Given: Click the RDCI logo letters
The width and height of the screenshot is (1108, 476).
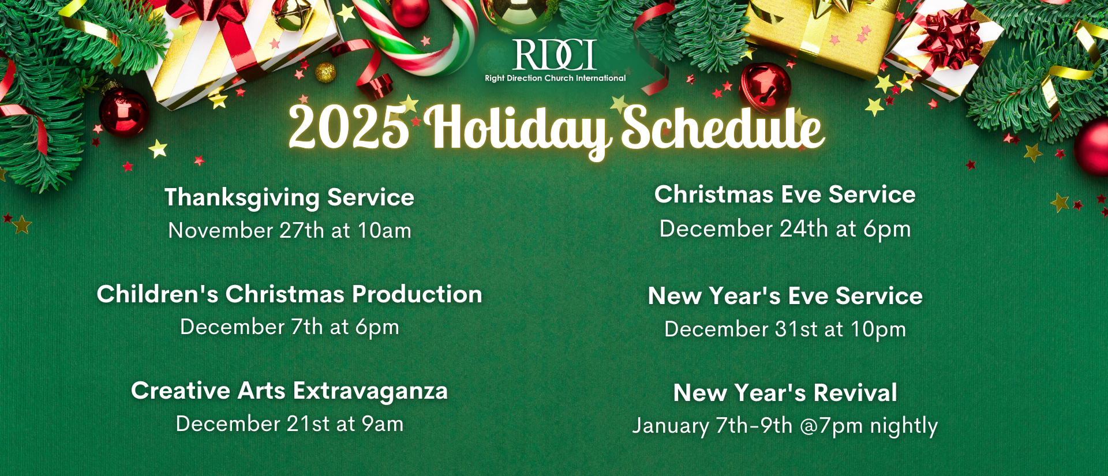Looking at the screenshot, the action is tap(555, 55).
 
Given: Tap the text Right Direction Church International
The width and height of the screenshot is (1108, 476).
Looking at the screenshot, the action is tap(555, 78).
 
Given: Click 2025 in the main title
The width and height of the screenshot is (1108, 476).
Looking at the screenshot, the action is tap(349, 127).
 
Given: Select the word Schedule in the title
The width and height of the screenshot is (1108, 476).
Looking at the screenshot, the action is tap(723, 128).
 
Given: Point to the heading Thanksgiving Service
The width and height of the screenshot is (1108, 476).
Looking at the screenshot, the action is tap(290, 197).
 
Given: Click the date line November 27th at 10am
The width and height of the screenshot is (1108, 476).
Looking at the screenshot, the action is tap(290, 230).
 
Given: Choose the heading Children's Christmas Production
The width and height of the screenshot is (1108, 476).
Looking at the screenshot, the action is tap(290, 294).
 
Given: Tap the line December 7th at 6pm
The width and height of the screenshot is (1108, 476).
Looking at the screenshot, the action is tap(290, 327).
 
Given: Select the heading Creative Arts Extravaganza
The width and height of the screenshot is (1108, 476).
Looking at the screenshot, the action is tap(290, 391).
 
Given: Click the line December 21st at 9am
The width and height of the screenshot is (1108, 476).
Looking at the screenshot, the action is tap(290, 423).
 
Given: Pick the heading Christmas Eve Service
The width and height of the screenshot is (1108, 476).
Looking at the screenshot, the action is tap(785, 194).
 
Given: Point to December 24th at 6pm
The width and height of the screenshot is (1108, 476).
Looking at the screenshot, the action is tap(785, 229).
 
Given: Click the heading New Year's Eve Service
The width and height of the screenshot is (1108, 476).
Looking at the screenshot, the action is tap(785, 296).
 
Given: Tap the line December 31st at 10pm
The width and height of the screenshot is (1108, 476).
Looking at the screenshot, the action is tap(785, 329).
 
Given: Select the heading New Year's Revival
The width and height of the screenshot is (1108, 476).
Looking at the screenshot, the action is tap(785, 393).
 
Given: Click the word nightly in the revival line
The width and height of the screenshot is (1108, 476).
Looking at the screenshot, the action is tap(904, 426).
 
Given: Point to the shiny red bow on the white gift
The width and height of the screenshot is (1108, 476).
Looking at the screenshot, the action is tap(949, 39).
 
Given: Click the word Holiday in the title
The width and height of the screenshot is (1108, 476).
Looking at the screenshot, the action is tap(517, 130).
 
